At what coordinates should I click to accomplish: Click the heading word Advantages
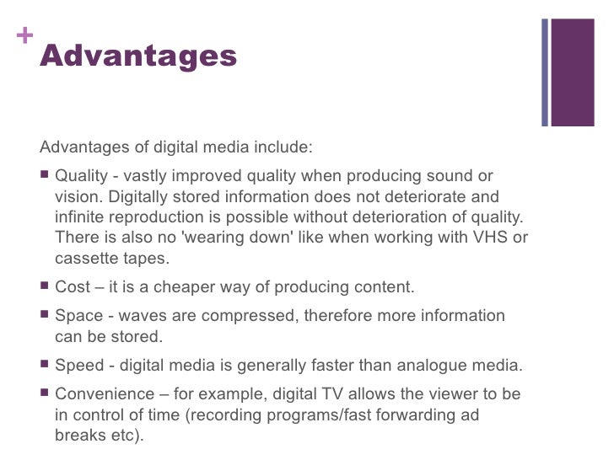pyautogui.click(x=138, y=56)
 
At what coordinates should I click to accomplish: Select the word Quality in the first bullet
pyautogui.click(x=82, y=176)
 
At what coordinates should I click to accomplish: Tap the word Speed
pyautogui.click(x=77, y=366)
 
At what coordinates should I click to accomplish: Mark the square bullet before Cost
pyautogui.click(x=46, y=286)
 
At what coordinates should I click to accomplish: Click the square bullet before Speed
pyautogui.click(x=46, y=366)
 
